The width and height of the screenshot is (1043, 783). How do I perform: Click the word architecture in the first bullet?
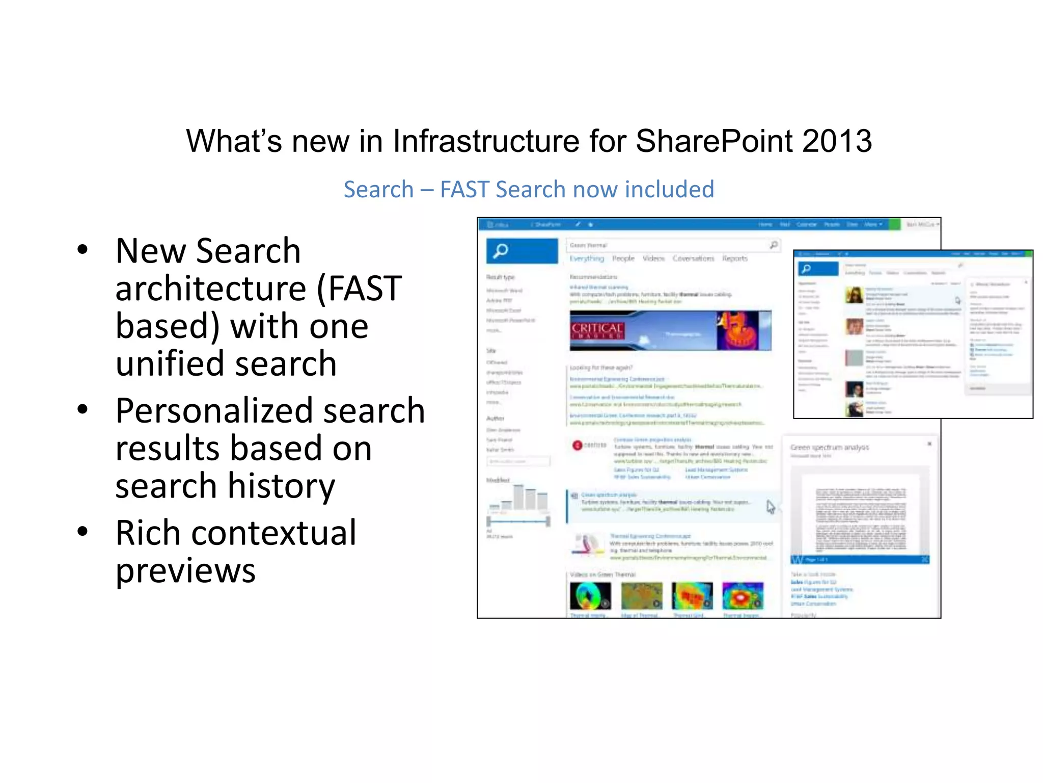click(x=209, y=289)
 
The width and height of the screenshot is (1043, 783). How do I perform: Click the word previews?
click(x=185, y=570)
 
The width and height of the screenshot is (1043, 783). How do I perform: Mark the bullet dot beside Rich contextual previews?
click(x=83, y=532)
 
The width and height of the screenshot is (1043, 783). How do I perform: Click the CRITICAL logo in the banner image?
click(x=597, y=330)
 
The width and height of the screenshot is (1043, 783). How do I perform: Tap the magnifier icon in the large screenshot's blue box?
click(x=501, y=251)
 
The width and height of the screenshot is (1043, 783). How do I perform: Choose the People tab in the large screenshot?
click(x=623, y=258)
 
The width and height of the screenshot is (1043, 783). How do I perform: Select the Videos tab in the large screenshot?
click(x=653, y=258)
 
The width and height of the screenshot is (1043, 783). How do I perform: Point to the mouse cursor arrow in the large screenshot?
click(x=771, y=506)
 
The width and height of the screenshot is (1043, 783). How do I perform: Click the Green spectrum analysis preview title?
click(x=829, y=448)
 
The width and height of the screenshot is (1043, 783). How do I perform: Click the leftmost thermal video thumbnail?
click(x=590, y=596)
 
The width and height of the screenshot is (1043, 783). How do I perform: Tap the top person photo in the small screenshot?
click(x=854, y=295)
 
